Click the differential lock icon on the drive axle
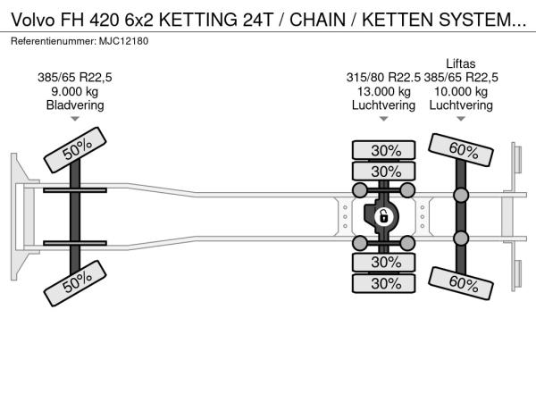pos(383,217)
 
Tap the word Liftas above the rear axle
pos(460,63)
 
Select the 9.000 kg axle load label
pos(74,91)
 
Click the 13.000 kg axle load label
pos(383,91)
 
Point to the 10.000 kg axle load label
pos(461,91)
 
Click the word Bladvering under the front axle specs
pos(75,105)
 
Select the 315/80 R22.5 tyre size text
pos(383,78)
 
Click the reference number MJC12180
pos(124,41)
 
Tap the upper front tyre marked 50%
pos(75,150)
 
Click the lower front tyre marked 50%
pos(75,283)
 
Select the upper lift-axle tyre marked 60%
pos(461,150)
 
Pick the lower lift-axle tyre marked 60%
pos(461,284)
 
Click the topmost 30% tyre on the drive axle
pos(383,150)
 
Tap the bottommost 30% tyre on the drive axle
pos(383,283)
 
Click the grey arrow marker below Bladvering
pos(75,119)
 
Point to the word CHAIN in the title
pos(317,20)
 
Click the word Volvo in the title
pos(33,20)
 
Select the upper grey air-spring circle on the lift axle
pos(461,195)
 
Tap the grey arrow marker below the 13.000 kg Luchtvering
pos(383,119)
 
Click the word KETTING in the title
pos(198,20)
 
